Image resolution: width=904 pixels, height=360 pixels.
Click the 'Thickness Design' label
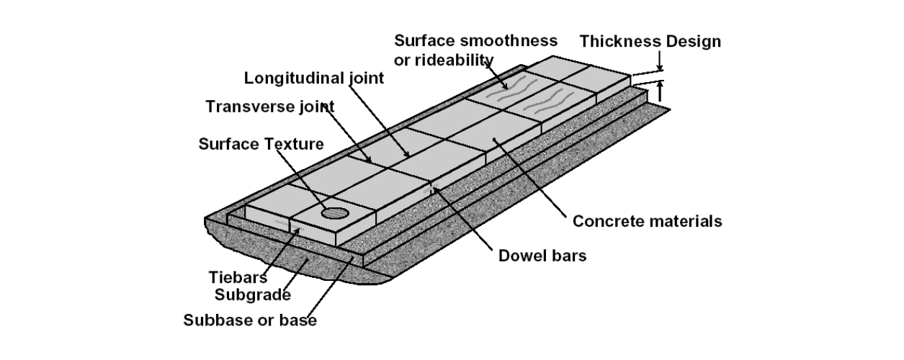click(x=650, y=41)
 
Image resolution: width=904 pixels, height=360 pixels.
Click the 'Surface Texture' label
click(x=261, y=144)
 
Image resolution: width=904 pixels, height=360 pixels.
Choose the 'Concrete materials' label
click(x=647, y=221)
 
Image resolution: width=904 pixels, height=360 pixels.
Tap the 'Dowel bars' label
click(x=542, y=255)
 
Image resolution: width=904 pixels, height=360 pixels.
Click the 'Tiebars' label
click(x=238, y=277)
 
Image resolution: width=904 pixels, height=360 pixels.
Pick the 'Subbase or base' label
click(x=249, y=320)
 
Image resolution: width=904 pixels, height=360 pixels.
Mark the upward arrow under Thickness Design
click(x=660, y=92)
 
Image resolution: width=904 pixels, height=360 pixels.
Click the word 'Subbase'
click(x=211, y=320)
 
